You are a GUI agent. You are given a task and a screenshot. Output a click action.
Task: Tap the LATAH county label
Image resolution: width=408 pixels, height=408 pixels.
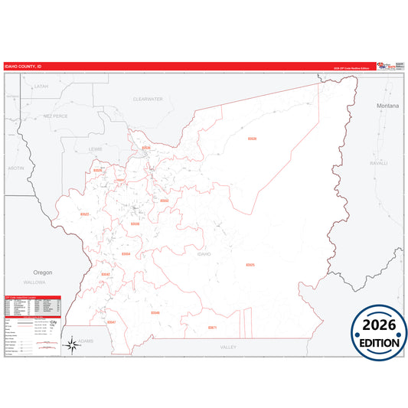41,86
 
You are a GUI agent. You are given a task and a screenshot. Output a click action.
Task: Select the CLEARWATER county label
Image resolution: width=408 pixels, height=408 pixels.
148,100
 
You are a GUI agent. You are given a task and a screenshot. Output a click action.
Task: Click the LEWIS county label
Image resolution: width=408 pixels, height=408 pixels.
95,149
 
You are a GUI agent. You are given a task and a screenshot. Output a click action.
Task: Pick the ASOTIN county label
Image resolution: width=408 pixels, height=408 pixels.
15,167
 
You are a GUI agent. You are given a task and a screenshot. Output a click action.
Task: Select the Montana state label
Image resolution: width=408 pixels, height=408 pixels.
387,106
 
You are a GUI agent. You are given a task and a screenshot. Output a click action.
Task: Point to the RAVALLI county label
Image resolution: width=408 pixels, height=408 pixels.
379,163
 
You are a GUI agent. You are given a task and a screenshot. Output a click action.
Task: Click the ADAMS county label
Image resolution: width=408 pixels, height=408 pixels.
85,340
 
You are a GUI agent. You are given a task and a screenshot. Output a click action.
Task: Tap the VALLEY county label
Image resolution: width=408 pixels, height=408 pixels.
228,347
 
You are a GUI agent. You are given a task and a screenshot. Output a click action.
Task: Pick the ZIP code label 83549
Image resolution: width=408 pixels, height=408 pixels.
155,312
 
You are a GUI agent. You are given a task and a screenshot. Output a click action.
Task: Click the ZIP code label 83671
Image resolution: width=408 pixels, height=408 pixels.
212,328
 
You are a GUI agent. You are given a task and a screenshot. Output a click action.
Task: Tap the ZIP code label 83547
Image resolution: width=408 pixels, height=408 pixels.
112,322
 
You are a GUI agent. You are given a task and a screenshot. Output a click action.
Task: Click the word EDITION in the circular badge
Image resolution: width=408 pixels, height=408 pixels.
379,343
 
